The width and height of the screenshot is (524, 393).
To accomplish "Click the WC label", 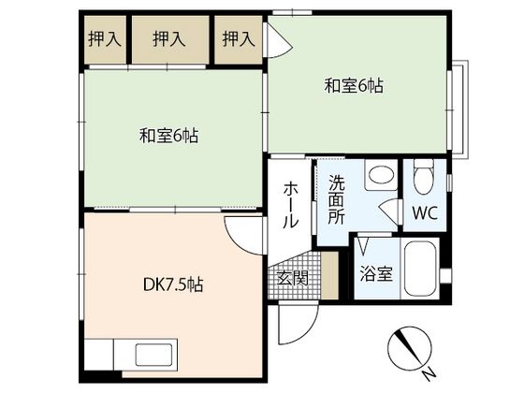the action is (425, 212).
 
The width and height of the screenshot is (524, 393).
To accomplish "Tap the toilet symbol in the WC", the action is (423, 176).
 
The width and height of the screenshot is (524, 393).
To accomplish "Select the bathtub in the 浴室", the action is (420, 269).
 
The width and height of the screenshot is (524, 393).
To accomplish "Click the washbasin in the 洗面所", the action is (380, 174).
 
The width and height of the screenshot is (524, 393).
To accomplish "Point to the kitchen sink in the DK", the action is (153, 355).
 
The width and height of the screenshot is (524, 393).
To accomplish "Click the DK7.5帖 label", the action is (173, 285).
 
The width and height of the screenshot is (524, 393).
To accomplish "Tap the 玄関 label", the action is (293, 278).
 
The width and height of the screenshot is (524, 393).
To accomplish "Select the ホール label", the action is (290, 205).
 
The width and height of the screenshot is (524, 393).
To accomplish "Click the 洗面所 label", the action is (336, 199).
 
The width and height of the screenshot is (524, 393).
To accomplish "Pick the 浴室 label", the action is (376, 274).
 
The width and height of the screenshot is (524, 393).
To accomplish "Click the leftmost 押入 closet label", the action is (104, 38).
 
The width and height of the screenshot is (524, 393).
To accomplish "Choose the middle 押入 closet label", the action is (169, 38).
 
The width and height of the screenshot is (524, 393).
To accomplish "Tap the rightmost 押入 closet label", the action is (239, 38).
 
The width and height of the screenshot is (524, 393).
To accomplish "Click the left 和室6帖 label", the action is (168, 136).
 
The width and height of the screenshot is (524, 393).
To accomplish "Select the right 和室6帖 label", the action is (354, 85).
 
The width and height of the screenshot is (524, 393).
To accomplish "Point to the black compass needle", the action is (407, 346).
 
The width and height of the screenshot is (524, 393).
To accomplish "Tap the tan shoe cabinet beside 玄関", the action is (329, 275).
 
